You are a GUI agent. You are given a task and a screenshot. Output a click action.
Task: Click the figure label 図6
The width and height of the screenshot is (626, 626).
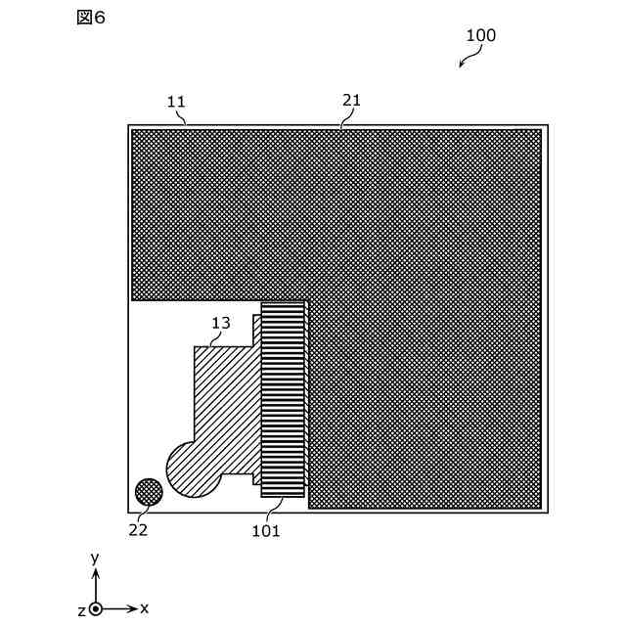90,18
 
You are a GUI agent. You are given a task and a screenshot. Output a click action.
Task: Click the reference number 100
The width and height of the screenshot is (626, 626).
480,35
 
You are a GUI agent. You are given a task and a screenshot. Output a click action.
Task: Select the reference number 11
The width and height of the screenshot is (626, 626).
176,101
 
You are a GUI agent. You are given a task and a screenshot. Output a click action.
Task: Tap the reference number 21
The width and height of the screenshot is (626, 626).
351,100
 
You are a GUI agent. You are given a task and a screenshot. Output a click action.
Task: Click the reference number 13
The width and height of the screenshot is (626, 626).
221,322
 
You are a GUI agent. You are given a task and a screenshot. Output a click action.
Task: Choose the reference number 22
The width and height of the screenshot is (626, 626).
138,529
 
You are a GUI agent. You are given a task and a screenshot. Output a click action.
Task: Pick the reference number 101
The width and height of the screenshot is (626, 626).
266,531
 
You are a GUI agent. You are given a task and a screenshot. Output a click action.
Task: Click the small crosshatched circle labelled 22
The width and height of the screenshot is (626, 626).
149,492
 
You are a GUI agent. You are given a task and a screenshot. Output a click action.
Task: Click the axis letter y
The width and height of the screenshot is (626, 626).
95,558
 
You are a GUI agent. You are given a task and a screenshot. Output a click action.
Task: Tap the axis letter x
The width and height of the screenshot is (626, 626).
145,607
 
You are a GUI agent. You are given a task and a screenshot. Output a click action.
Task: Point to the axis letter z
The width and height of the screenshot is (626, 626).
82,609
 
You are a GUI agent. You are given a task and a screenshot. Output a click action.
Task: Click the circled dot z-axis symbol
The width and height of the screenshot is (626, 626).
96,608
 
